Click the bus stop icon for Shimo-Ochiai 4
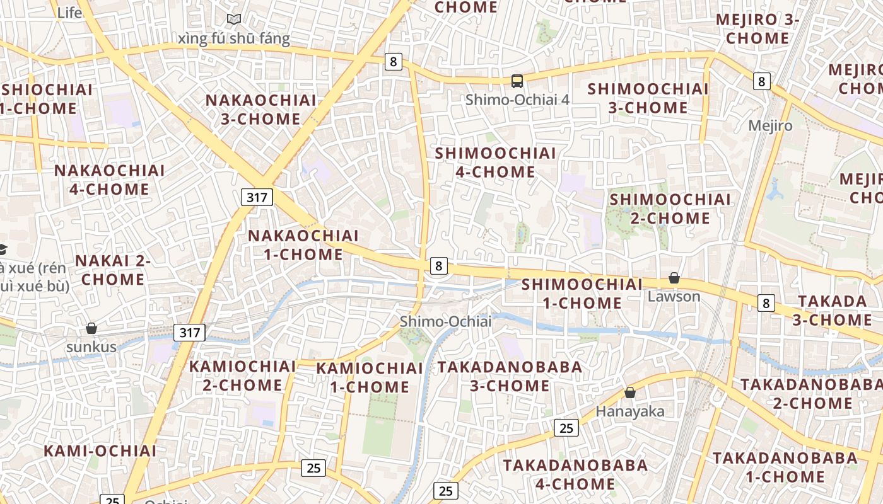517,81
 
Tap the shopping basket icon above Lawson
674,278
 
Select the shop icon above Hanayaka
629,392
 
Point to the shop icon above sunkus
91,328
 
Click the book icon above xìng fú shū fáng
234,20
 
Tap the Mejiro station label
770,125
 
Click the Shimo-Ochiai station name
445,321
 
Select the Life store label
69,13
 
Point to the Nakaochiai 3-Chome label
260,110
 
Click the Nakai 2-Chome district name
113,270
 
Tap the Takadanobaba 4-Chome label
575,474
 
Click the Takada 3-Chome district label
832,310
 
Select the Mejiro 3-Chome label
757,29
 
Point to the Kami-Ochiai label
100,450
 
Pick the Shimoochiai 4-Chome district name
496,163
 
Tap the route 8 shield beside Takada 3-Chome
766,303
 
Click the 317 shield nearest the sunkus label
189,333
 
